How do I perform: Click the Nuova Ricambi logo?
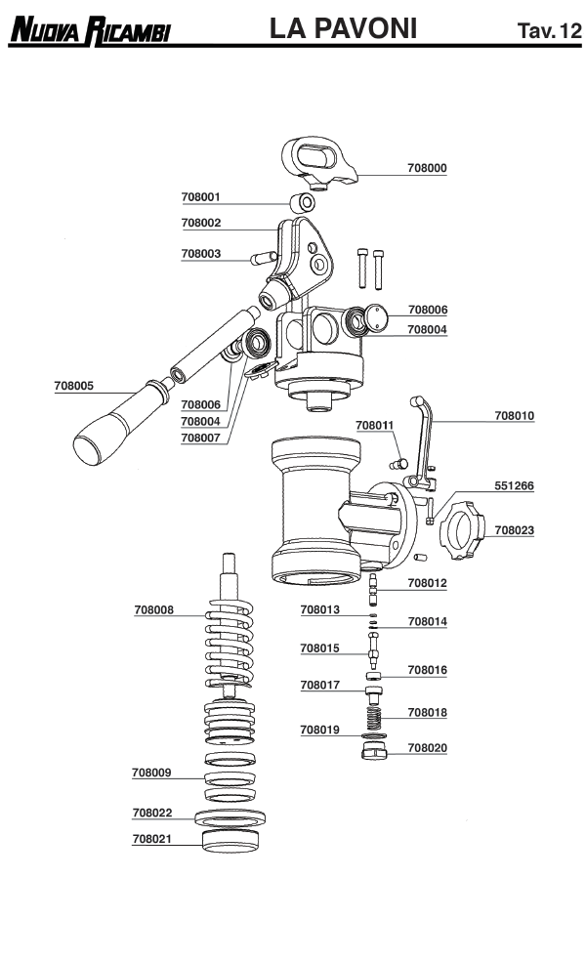[90, 32]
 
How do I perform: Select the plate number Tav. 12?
[549, 32]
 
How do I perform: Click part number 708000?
[427, 168]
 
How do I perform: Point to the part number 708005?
[73, 386]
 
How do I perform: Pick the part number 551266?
[514, 485]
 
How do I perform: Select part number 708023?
[514, 530]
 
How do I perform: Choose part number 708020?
[427, 747]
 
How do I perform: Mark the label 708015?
[319, 648]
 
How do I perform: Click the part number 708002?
[201, 223]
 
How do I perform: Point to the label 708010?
[514, 415]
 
